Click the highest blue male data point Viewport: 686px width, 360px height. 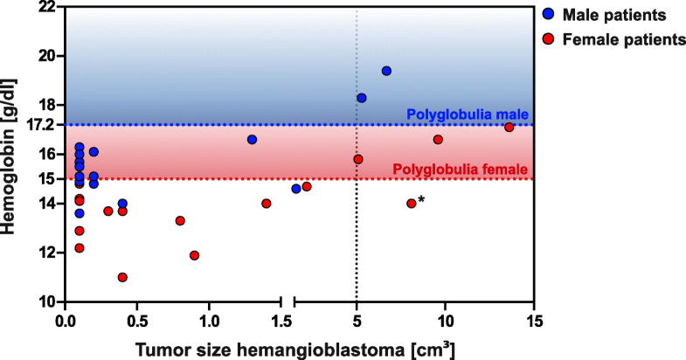(386, 71)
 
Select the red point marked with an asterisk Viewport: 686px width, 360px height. (412, 204)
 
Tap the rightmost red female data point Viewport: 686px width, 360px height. (509, 128)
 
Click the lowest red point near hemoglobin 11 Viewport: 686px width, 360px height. (122, 277)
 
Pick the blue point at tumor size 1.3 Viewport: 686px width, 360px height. (253, 140)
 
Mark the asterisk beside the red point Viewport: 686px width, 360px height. (422, 201)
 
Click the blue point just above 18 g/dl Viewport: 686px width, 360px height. (362, 98)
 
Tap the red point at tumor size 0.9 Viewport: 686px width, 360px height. (195, 255)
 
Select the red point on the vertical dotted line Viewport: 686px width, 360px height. (358, 159)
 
